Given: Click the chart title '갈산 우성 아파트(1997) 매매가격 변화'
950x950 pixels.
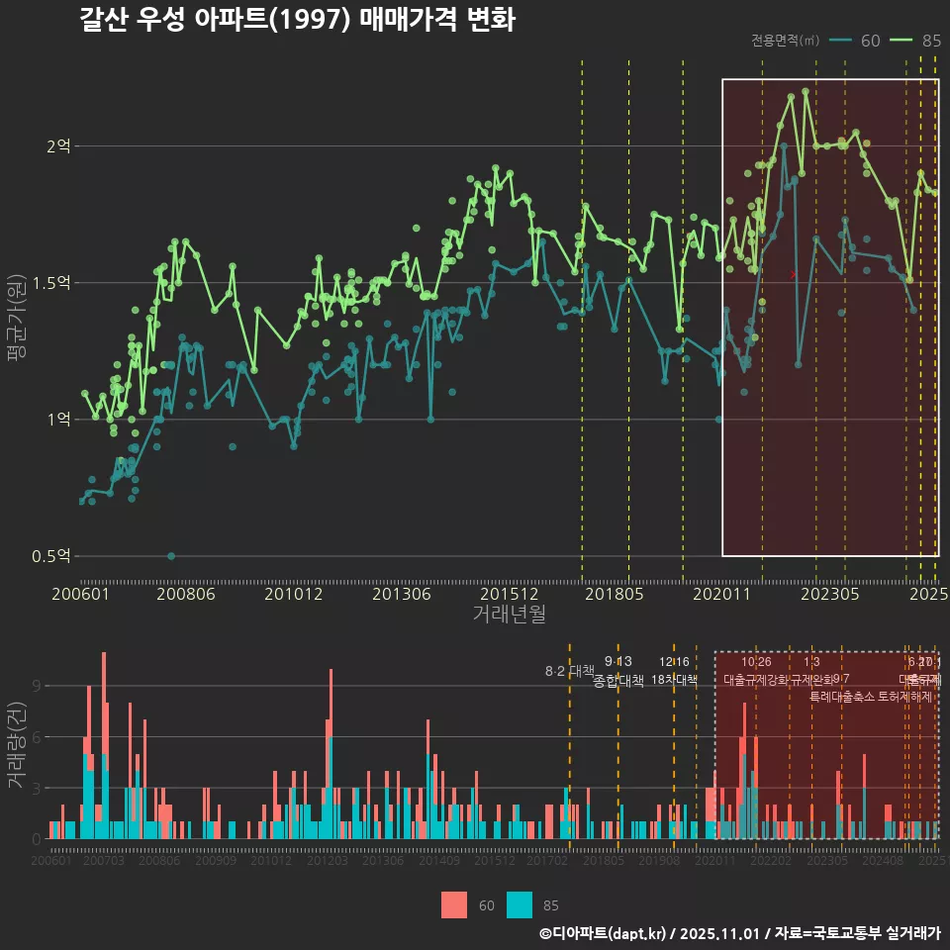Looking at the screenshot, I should tap(297, 21).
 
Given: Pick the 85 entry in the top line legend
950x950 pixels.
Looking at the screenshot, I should tap(916, 41).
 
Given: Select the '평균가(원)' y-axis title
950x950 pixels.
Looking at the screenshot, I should tap(16, 321).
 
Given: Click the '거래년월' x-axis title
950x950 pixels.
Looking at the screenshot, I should tap(509, 615).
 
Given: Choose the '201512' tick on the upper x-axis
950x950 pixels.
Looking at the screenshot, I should tap(509, 594).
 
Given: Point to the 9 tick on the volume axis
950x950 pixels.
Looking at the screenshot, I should tap(38, 686).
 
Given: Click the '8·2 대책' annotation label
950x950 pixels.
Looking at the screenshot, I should tap(569, 671).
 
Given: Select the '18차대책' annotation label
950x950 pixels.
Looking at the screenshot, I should tap(675, 680).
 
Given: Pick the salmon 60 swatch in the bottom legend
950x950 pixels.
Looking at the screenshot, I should tap(453, 904).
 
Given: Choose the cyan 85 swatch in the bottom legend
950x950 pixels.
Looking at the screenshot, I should tap(519, 904).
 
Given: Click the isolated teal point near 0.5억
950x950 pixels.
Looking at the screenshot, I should tap(171, 556).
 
